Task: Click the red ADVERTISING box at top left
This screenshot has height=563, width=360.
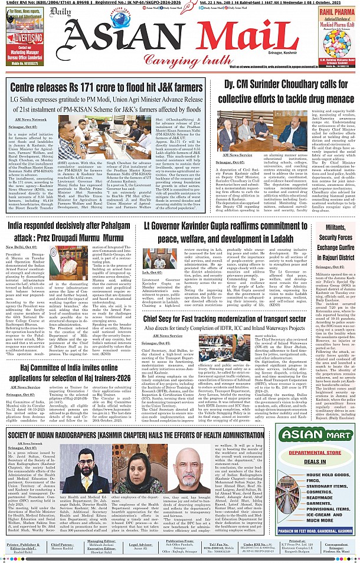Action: click(x=25, y=35)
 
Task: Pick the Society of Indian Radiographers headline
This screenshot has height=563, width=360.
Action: click(x=135, y=435)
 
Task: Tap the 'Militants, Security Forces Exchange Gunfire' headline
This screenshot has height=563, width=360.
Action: click(x=337, y=239)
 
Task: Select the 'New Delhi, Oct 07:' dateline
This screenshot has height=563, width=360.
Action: click(x=21, y=247)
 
